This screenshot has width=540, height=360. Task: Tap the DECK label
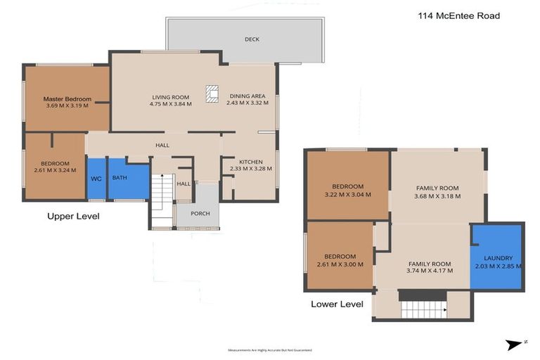point(252,39)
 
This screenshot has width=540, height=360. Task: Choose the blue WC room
point(96,179)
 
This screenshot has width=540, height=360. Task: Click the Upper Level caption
point(73,216)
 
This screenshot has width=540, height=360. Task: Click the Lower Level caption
point(337,304)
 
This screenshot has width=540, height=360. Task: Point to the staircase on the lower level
point(423,308)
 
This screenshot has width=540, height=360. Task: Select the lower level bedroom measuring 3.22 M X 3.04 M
point(347,186)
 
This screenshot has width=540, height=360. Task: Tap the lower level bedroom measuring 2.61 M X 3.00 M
point(340,260)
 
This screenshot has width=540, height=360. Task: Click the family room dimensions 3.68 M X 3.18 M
point(437,196)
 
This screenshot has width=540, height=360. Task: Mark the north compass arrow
point(515,344)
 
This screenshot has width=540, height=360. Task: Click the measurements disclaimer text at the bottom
point(269,349)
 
